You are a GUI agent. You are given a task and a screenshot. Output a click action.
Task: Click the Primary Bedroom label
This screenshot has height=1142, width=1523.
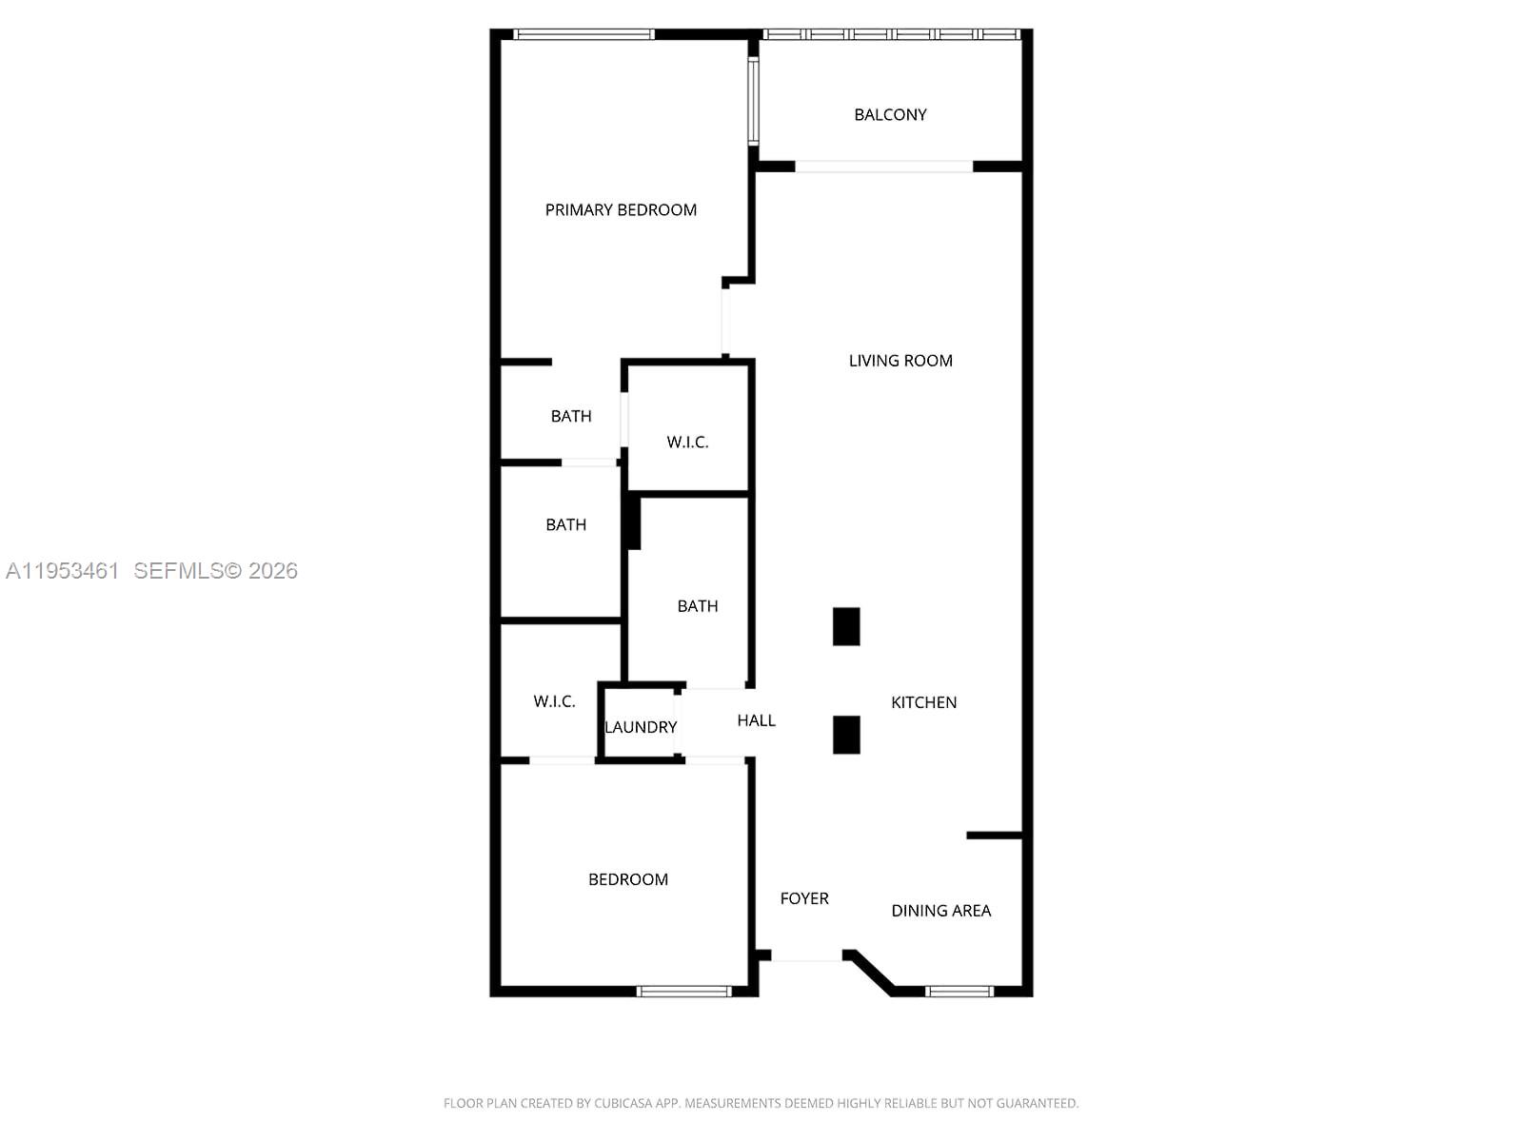coord(621,209)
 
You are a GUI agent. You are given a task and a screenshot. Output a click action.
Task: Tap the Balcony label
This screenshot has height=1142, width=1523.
coord(890,114)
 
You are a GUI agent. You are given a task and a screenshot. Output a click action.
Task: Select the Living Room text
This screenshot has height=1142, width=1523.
coord(900,360)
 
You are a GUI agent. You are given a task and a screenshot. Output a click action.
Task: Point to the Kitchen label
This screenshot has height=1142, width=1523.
coord(923,702)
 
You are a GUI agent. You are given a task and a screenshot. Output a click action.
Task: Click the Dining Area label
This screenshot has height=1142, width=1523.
coord(940,911)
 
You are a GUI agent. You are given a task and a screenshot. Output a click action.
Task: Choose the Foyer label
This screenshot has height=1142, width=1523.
coord(804,898)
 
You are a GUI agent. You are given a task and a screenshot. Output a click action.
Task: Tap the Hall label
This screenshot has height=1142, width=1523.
coord(756,720)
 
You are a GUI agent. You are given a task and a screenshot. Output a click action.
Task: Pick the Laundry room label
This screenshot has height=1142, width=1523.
coord(641,727)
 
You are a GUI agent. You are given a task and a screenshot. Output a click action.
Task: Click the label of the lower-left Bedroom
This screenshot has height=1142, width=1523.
coord(628,879)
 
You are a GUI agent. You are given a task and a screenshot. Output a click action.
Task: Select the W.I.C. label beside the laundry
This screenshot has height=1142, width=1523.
coord(554,701)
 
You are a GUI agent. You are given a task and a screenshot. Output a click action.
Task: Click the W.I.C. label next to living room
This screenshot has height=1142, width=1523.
coord(687,442)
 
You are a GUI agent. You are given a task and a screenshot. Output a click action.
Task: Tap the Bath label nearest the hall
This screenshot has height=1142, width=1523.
coord(698,606)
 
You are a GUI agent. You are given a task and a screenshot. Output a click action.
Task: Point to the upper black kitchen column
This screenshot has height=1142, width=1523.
coord(846,626)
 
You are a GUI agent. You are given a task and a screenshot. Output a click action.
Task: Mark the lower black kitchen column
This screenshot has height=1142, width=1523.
coord(846,735)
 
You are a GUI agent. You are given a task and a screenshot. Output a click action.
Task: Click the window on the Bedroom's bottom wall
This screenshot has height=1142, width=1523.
coord(683,992)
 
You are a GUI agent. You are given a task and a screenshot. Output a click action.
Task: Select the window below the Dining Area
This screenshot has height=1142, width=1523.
coord(959,992)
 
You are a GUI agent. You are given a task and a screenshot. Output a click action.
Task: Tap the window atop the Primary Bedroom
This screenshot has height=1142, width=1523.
coord(583,35)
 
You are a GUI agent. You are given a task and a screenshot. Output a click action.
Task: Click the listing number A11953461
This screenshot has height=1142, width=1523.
coord(63,571)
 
